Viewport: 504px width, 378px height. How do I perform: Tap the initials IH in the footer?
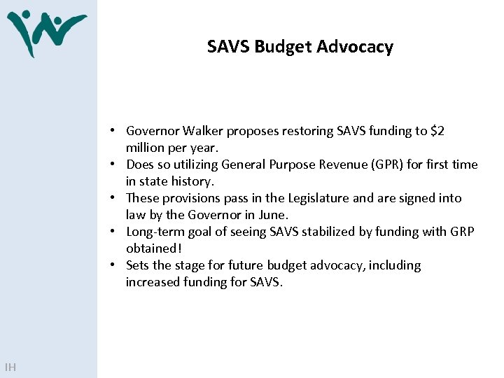coord(10,367)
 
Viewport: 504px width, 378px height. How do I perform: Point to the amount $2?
coord(437,131)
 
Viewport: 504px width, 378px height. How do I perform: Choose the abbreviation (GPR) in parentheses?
coord(381,164)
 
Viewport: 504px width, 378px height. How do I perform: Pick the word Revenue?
coord(326,164)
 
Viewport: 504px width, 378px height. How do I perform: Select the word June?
coord(273,215)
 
